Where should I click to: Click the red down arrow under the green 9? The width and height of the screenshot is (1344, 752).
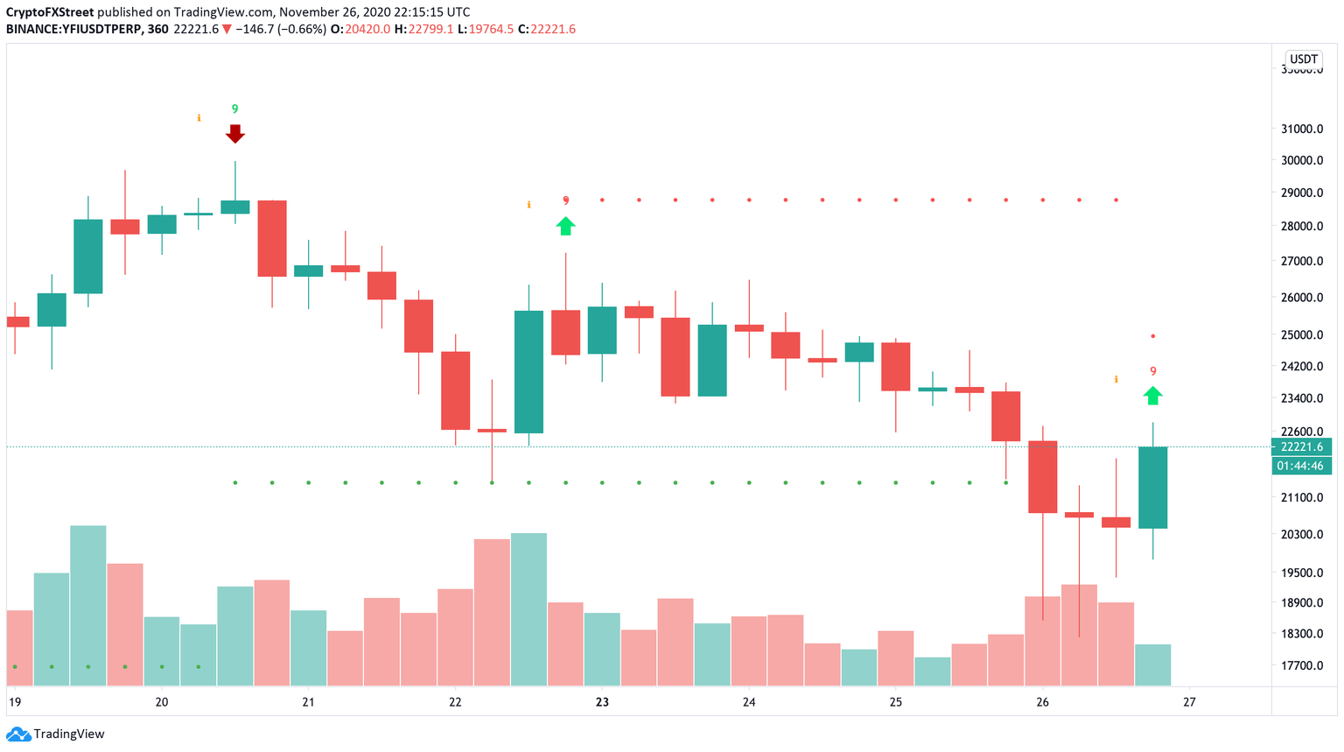pos(234,133)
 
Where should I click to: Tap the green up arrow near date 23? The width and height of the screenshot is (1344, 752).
pos(565,226)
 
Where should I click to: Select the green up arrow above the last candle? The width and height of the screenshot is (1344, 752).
pos(1152,396)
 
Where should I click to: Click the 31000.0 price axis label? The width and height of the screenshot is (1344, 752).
pos(1301,129)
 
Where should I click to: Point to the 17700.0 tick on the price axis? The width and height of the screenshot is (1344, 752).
pos(1301,665)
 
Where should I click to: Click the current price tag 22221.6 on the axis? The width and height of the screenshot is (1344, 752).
pos(1301,447)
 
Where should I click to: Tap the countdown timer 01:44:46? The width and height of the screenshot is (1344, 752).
pos(1301,466)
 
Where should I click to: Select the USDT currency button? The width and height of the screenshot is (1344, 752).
pos(1303,60)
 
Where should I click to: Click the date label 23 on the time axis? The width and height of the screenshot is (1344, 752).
pos(602,702)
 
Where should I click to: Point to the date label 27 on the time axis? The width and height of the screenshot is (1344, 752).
pos(1189,702)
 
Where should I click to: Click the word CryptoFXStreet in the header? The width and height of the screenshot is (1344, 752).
pos(50,12)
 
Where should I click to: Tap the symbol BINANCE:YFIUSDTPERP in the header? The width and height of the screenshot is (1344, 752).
pos(73,29)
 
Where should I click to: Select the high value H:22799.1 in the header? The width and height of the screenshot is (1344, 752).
pos(423,29)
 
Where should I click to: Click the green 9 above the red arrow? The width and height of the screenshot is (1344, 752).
pos(234,109)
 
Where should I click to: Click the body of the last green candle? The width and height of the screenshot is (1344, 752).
pos(1152,488)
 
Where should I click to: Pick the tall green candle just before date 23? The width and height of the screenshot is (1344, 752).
pos(528,372)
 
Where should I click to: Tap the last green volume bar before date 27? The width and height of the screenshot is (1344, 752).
pos(1152,664)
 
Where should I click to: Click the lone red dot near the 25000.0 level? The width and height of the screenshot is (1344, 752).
pos(1152,336)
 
